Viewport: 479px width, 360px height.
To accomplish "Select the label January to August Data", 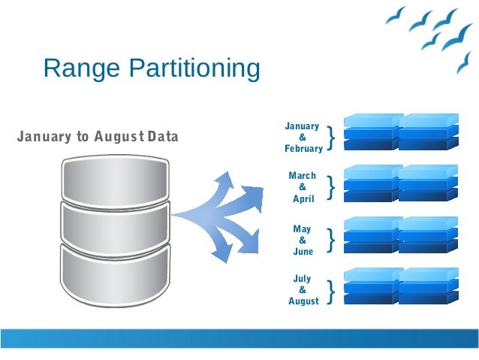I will coord(98,138).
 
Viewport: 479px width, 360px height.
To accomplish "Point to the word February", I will coord(303,149).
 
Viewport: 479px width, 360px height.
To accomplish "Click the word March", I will coord(303,176).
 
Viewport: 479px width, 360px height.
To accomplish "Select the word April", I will coord(303,199).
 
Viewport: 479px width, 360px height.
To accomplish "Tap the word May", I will coord(303,228).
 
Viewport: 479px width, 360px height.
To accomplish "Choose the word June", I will coord(303,252).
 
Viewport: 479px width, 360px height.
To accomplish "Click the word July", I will coord(303,279).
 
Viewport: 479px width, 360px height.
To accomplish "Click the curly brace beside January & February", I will coord(331,138).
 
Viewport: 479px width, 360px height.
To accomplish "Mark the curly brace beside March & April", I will coord(331,187).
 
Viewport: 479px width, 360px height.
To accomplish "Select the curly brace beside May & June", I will coord(331,240).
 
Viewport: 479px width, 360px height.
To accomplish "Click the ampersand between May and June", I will coord(303,240).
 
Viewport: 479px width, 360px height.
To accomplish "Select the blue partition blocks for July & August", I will coord(400,286).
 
